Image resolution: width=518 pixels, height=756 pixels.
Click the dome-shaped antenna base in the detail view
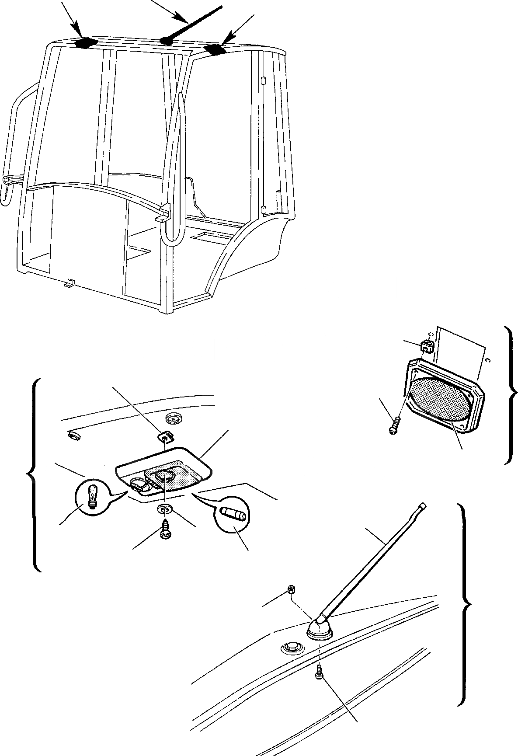click(320, 628)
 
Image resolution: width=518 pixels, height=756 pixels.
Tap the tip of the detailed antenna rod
click(423, 506)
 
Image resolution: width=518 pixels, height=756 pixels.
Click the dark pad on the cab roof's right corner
click(216, 49)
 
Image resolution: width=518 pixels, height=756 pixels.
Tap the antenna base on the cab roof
click(167, 41)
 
